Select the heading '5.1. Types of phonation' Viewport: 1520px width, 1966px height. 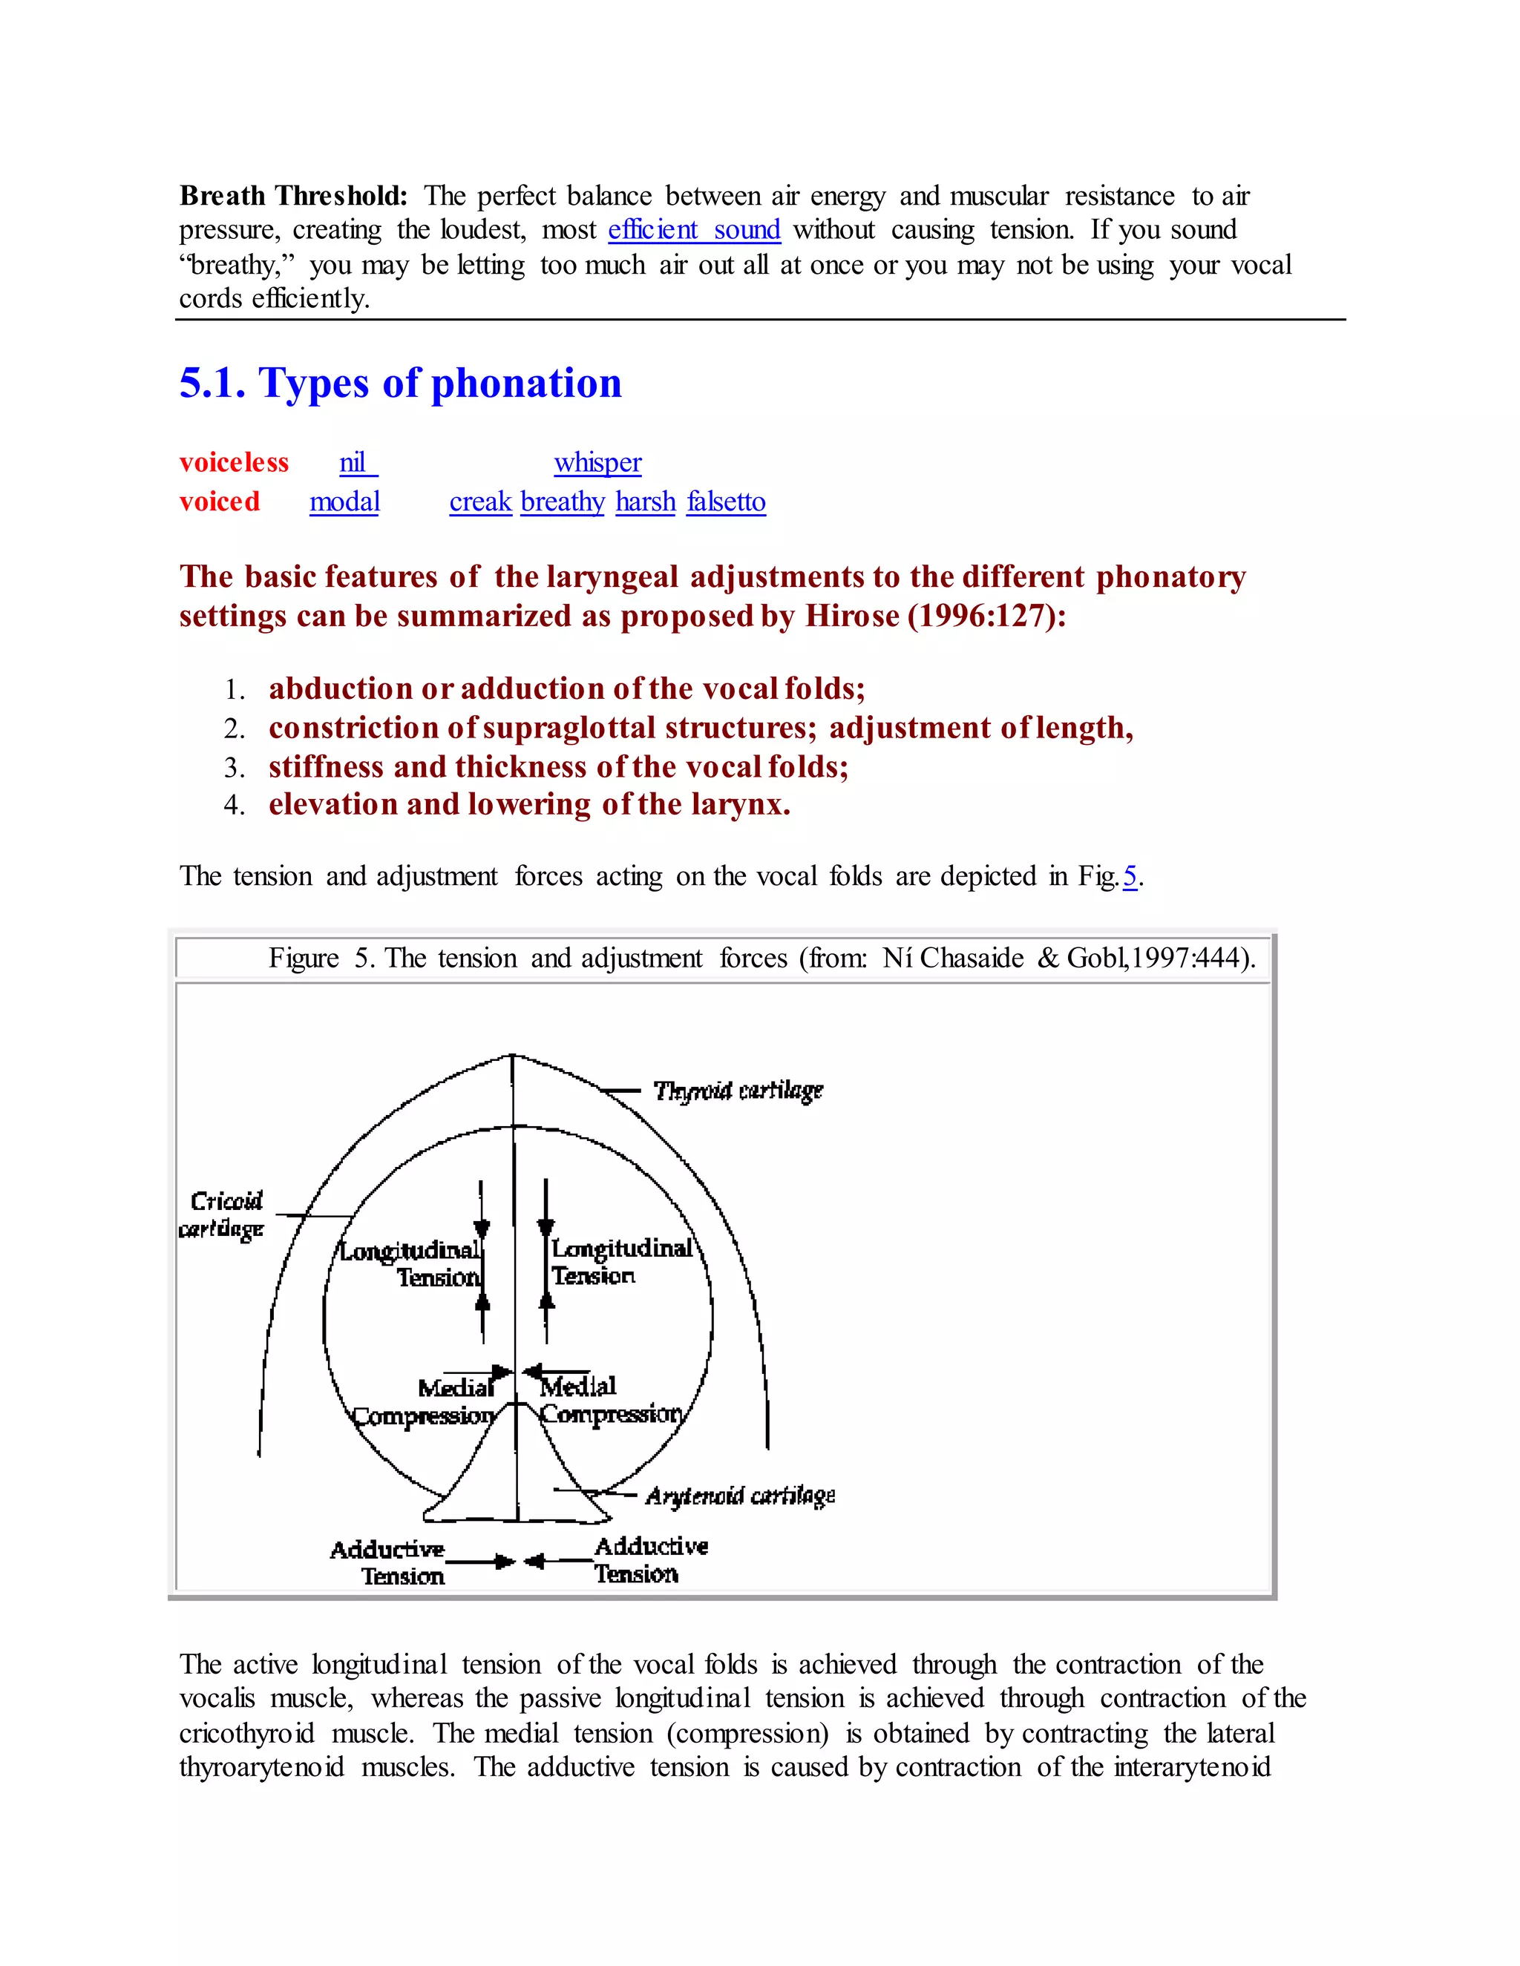(400, 384)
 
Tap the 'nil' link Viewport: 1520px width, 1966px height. (356, 463)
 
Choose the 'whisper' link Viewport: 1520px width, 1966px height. (597, 463)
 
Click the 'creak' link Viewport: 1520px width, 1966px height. (480, 502)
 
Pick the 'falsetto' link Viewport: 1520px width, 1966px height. (726, 502)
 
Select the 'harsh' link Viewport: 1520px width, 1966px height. (645, 502)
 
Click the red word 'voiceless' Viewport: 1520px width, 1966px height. (233, 463)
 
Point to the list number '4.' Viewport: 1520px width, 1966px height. (234, 805)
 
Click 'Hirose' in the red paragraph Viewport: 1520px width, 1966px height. (851, 616)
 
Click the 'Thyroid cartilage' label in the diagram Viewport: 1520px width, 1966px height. (738, 1090)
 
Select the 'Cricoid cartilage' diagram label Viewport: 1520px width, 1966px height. (223, 1214)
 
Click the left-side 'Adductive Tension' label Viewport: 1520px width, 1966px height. (389, 1562)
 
